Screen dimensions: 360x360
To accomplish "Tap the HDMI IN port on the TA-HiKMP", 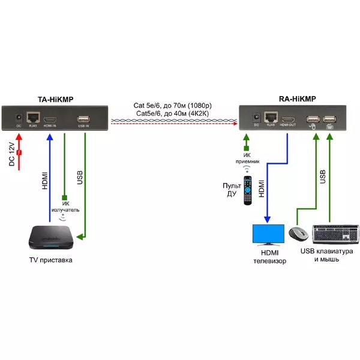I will pos(50,117).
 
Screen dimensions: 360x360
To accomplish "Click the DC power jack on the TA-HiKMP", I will pos(19,117).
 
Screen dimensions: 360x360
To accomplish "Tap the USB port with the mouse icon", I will pos(313,119).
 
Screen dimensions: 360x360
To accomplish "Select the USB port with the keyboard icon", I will pos(329,119).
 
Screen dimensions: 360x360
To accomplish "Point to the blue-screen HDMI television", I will pos(268,235).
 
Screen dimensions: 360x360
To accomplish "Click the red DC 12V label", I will pos(13,155).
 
